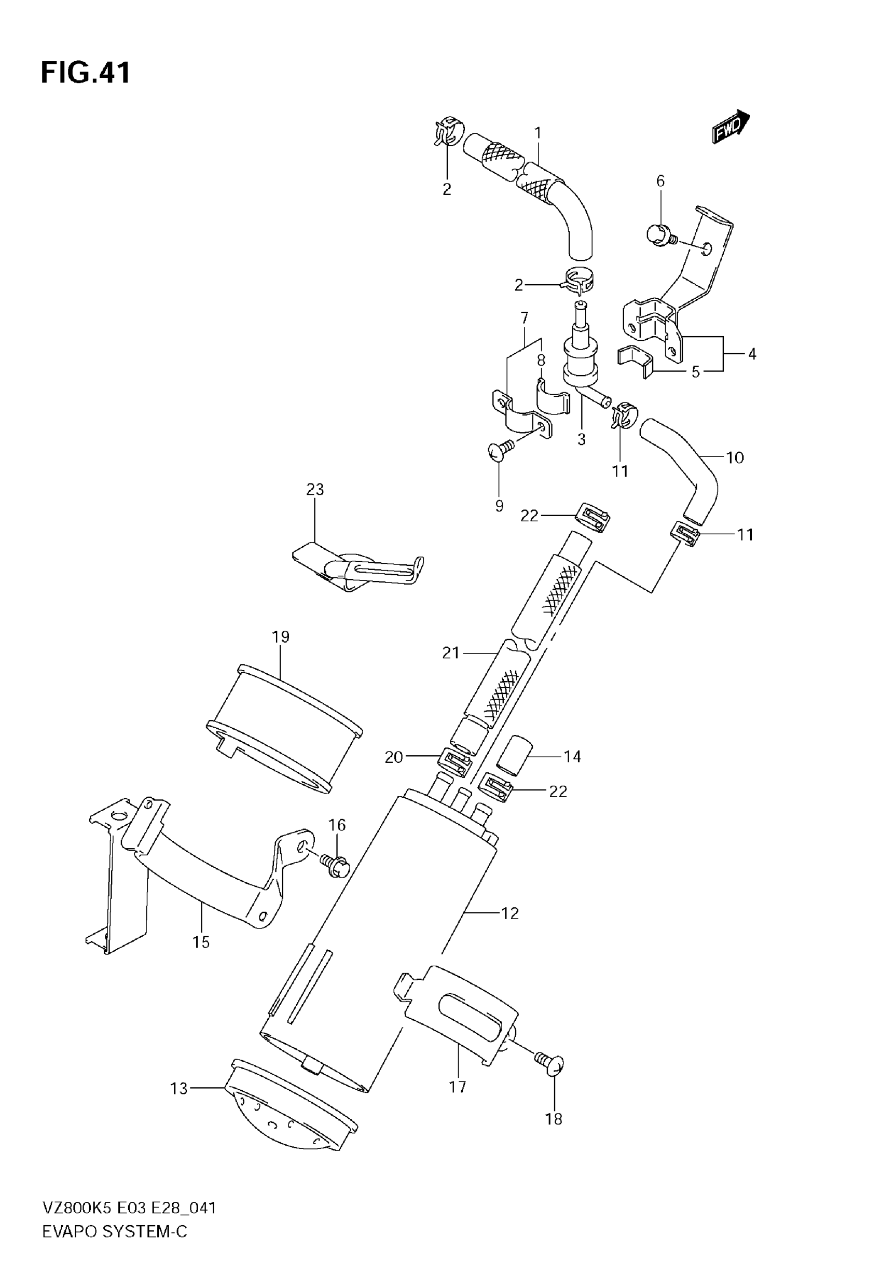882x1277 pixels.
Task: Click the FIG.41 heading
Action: click(86, 73)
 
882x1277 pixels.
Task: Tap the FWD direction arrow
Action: click(731, 128)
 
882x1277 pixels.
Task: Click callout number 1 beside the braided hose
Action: click(537, 133)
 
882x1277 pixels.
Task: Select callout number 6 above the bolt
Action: click(660, 181)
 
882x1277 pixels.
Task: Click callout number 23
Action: click(315, 489)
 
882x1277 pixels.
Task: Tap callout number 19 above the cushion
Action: click(281, 636)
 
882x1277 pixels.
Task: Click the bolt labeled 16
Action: click(335, 867)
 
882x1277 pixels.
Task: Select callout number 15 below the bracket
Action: click(201, 942)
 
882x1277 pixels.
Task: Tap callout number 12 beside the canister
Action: click(509, 913)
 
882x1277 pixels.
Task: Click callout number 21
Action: click(451, 653)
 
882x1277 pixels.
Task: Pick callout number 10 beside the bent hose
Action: click(735, 457)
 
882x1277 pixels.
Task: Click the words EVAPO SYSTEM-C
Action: click(115, 1231)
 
